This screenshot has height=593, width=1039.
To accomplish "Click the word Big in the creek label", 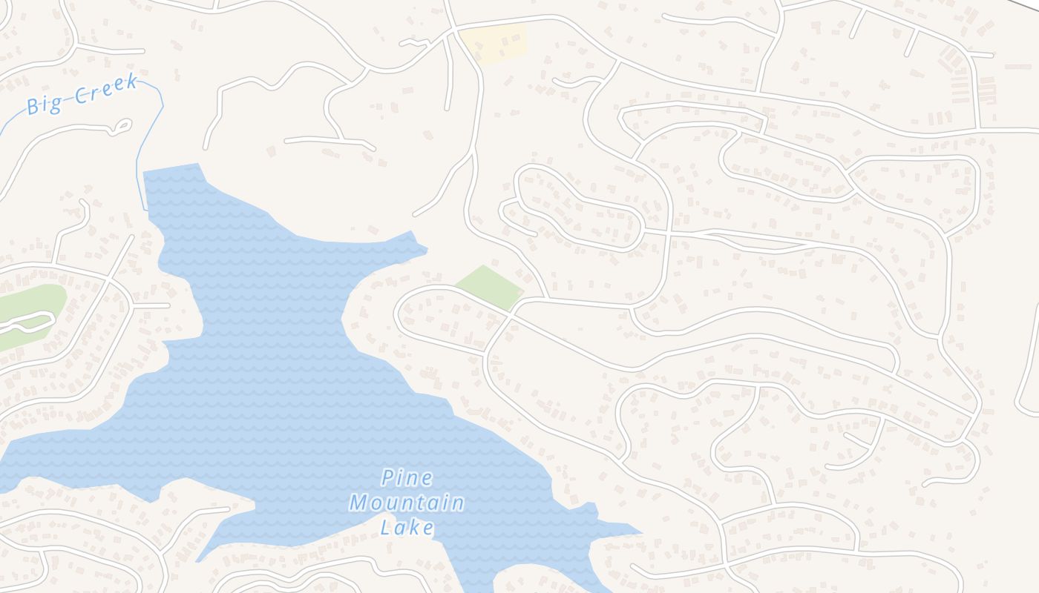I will [x=44, y=104].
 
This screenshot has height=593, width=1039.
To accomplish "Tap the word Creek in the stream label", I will [x=106, y=88].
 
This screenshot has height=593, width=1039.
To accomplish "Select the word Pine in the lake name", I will [x=407, y=478].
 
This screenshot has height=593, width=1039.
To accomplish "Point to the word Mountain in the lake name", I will [x=407, y=503].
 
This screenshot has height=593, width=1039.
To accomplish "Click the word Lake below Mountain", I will [x=407, y=527].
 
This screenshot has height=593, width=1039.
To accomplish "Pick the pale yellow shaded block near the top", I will [x=494, y=43].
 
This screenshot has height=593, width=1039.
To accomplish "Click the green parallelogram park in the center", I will [x=489, y=288].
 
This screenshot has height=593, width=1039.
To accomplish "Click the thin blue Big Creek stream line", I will [x=141, y=156].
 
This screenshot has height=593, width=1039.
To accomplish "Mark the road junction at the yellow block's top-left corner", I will [x=453, y=32].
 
